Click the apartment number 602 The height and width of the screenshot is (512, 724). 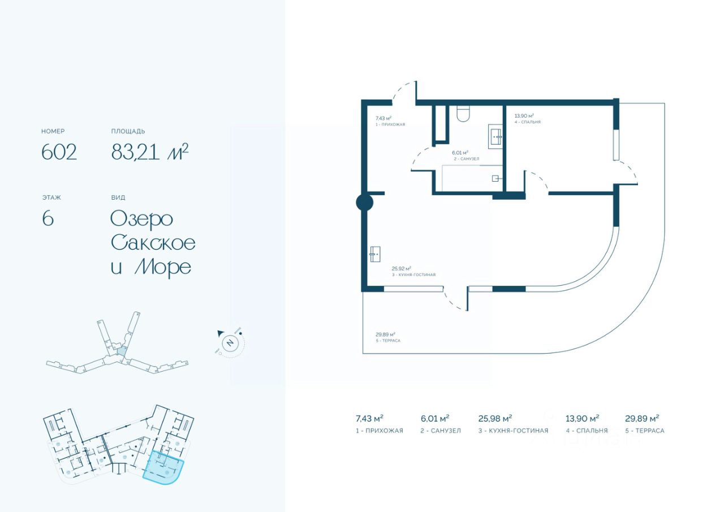(59, 152)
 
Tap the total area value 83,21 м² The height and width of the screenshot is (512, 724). (149, 152)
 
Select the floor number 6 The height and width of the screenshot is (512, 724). (48, 218)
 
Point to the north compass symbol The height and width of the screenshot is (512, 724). (230, 343)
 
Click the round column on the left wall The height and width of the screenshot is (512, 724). (364, 203)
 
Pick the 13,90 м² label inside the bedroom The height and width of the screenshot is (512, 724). (524, 115)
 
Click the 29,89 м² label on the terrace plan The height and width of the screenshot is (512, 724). (385, 334)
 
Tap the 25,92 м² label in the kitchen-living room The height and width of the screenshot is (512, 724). (402, 269)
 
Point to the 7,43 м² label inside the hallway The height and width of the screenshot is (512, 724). (383, 118)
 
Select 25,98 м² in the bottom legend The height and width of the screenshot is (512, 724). (495, 419)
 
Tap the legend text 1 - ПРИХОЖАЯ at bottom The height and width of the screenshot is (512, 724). (379, 431)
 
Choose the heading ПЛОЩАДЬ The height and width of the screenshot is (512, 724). (128, 131)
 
